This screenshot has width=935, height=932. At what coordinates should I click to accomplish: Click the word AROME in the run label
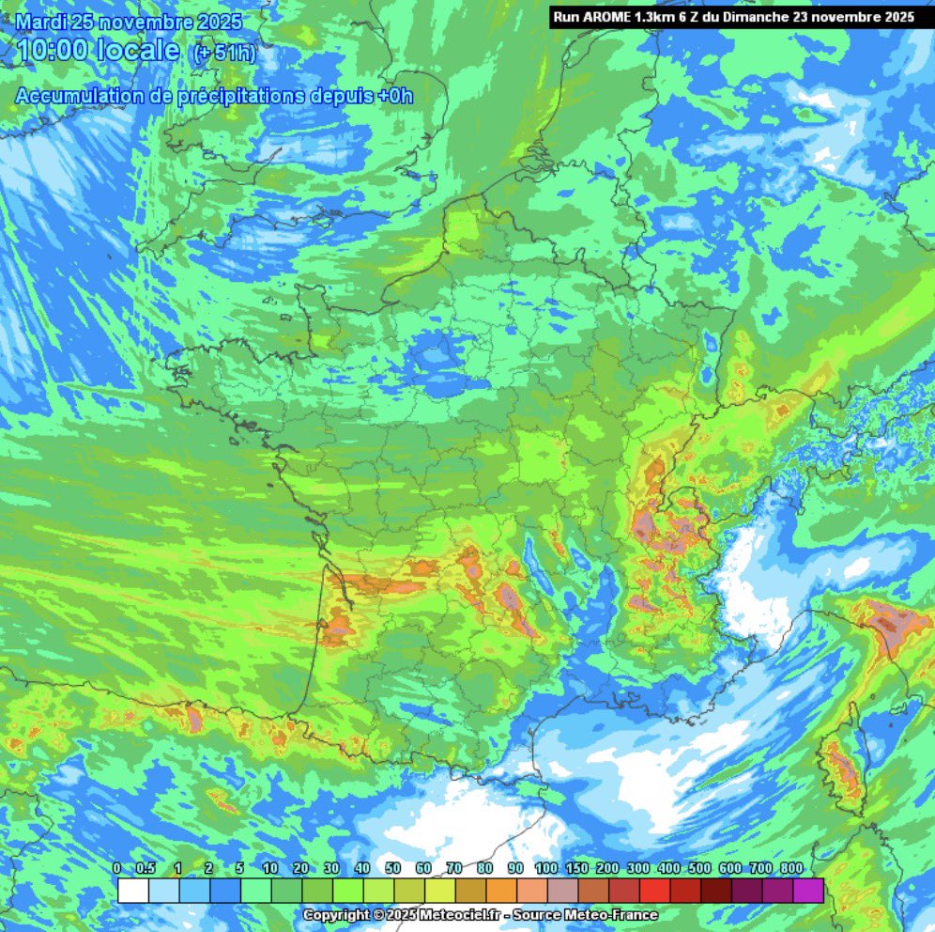click(603, 17)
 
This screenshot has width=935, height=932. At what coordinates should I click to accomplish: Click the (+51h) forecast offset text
click(223, 54)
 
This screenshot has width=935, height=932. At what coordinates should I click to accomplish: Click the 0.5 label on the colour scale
click(146, 868)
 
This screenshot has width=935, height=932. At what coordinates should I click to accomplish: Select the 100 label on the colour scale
click(545, 868)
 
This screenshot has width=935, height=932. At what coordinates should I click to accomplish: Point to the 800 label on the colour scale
click(790, 868)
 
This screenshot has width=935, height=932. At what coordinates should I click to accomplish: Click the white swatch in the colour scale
click(133, 890)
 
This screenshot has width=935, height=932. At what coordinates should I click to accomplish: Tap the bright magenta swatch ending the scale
click(808, 890)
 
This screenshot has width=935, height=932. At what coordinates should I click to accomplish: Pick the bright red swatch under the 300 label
click(655, 890)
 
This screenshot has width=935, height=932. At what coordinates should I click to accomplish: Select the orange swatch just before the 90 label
click(502, 890)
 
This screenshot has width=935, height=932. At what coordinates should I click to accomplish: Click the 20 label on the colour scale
click(301, 868)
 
